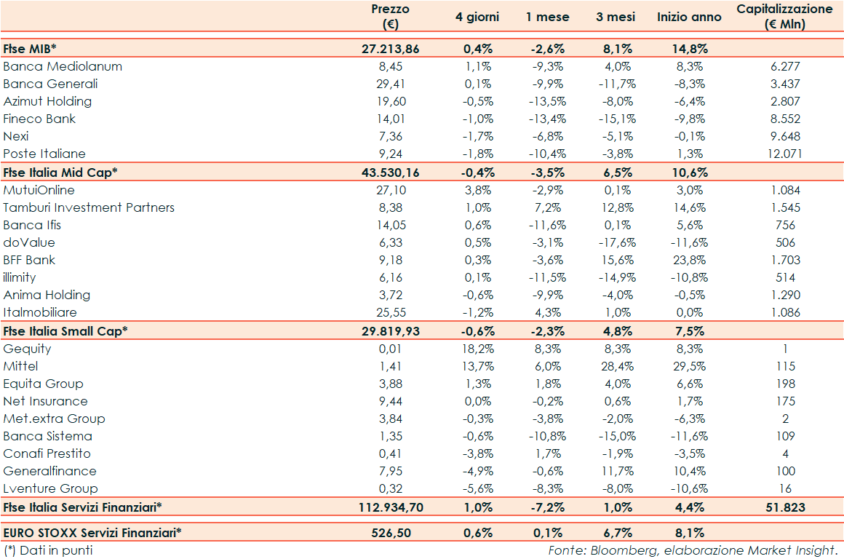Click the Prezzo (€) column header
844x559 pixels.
(x=391, y=17)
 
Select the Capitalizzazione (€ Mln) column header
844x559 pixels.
(x=785, y=17)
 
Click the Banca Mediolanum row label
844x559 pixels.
(x=63, y=66)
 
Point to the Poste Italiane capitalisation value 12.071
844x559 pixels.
(x=785, y=154)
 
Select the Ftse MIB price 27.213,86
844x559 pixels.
(x=391, y=49)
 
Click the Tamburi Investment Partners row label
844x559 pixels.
(x=89, y=207)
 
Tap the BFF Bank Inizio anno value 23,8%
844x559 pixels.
(x=689, y=260)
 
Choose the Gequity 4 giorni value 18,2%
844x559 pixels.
(x=478, y=349)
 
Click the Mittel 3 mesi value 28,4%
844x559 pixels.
(x=618, y=366)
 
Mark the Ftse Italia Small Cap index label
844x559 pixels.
(x=65, y=330)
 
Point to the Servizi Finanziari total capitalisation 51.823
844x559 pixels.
(x=785, y=507)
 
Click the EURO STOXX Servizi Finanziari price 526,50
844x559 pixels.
(x=391, y=533)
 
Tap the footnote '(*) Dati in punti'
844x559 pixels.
(x=49, y=550)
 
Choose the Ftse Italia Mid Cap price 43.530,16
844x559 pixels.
(x=391, y=172)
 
